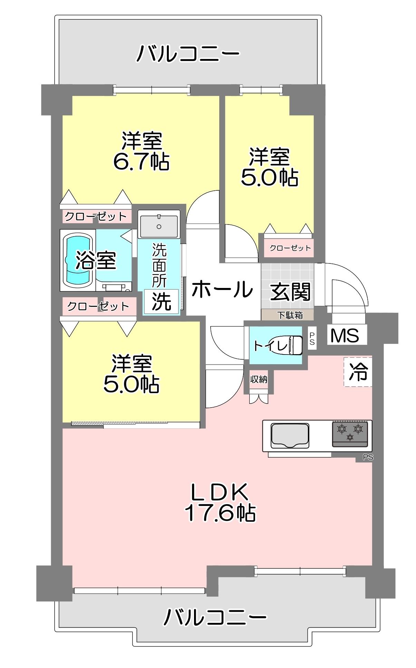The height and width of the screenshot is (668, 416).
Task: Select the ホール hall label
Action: [x=222, y=289]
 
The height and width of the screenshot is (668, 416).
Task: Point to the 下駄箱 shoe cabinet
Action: [x=287, y=315]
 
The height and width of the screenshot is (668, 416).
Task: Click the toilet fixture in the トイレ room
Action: [x=292, y=345]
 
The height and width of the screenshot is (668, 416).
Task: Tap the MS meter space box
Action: [x=345, y=335]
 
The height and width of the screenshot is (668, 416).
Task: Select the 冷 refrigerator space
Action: [x=358, y=372]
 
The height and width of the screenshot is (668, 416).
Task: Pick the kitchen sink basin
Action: [x=290, y=435]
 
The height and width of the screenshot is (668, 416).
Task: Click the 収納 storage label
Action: [x=259, y=379]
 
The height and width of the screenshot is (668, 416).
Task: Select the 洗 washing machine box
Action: [x=161, y=302]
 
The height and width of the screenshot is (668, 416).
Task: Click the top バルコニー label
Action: [x=188, y=53]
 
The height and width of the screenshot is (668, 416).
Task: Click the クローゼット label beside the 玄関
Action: [x=290, y=248]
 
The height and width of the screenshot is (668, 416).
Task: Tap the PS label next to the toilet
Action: [x=312, y=338]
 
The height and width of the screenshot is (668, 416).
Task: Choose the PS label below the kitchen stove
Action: [x=368, y=458]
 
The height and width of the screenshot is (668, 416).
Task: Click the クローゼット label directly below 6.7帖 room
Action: [x=96, y=216]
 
